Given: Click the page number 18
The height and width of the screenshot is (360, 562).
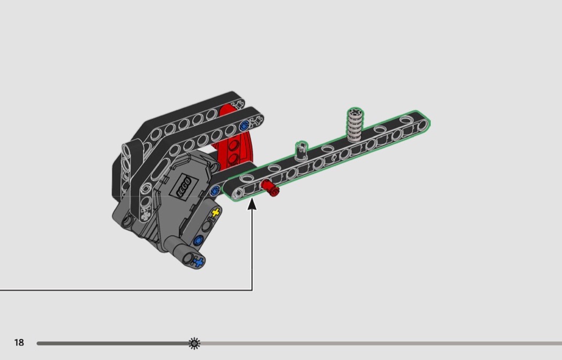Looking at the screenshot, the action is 19,342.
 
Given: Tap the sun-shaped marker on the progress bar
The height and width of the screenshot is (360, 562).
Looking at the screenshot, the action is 194,343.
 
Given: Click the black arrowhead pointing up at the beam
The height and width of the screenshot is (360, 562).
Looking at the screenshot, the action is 252,204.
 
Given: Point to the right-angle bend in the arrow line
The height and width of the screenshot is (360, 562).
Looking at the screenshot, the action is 252,290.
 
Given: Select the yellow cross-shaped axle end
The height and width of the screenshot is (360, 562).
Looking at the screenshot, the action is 215,213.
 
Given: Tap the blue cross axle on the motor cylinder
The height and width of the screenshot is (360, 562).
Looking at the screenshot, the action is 198,263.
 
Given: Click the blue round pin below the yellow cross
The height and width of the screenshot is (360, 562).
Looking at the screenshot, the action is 198,240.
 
